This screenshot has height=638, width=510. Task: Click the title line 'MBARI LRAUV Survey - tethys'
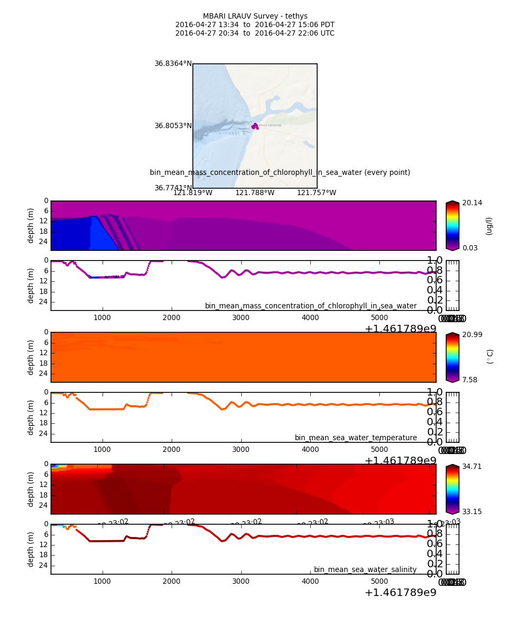255,16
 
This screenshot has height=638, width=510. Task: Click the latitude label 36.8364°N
173,64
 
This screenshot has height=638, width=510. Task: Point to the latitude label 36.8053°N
173,126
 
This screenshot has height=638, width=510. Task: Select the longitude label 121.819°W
192,193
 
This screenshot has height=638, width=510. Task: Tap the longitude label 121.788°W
254,193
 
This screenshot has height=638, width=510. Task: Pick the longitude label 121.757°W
316,193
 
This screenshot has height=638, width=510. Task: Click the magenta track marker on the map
255,127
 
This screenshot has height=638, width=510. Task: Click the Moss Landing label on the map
270,125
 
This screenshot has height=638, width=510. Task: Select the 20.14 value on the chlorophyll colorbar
472,203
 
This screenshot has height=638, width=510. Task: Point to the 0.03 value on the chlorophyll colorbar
470,248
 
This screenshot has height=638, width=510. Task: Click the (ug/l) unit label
489,225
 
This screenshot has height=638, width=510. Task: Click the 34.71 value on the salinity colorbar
472,466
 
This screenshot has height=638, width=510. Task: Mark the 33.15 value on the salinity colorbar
472,511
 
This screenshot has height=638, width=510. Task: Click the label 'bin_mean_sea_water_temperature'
355,438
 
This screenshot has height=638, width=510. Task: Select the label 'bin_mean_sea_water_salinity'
365,570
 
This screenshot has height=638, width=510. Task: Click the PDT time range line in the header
255,25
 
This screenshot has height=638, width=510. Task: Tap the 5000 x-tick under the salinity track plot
379,582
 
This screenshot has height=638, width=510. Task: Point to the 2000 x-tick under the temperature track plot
172,450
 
